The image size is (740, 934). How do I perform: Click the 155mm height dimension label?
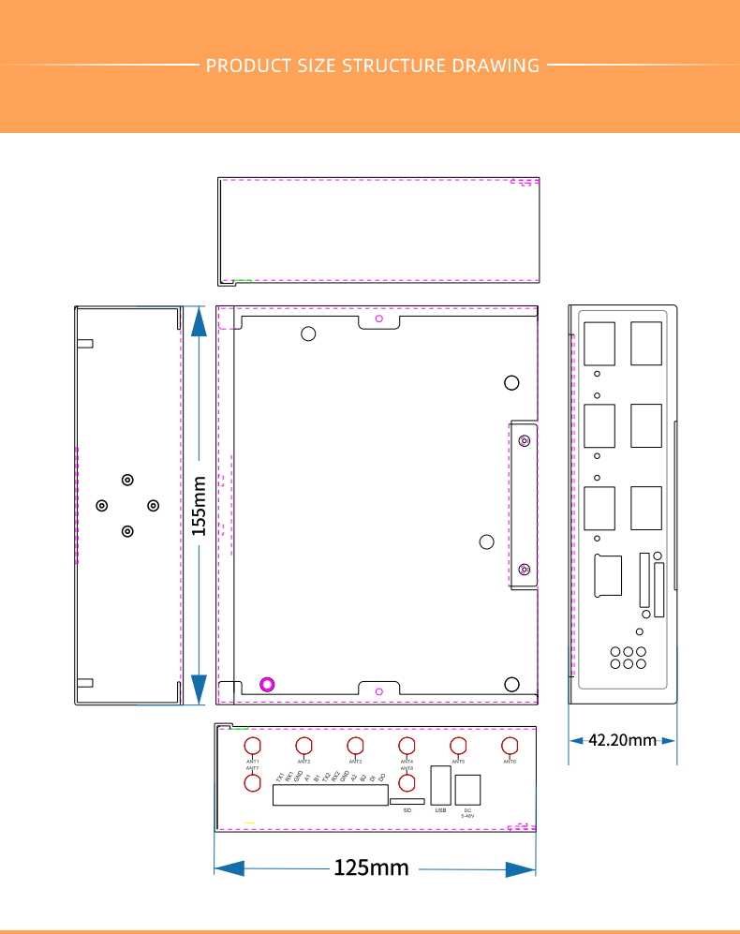point(199,506)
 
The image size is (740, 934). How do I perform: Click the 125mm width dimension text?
point(372,868)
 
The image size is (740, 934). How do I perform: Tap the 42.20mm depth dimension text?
point(622,740)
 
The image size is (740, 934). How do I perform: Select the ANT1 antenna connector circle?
point(253,747)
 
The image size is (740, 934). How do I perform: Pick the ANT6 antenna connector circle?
point(510,747)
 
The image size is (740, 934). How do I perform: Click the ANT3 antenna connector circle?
point(355,747)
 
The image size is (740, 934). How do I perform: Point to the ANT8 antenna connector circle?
point(407,783)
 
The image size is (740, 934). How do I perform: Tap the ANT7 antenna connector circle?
point(253,783)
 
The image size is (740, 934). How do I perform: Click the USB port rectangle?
point(440,784)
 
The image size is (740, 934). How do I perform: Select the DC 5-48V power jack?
point(467,790)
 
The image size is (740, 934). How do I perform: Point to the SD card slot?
point(407,802)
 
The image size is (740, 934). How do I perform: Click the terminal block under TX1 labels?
point(330,795)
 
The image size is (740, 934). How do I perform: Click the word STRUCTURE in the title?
point(392,66)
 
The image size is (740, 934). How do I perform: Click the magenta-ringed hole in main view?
point(267,684)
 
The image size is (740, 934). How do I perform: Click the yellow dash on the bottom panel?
point(250,823)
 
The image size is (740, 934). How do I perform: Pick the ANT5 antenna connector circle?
point(458,747)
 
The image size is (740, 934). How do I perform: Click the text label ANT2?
point(303,762)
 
